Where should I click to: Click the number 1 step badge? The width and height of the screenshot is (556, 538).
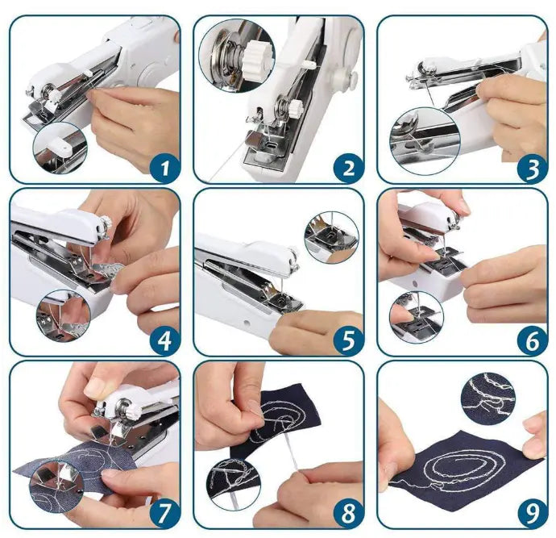pos(165,168)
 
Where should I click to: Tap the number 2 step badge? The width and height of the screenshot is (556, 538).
pos(348,168)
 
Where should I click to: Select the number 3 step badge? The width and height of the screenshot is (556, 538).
pos(532,168)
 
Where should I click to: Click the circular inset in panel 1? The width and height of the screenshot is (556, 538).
pos(59,149)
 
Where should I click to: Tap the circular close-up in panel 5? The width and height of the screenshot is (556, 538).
pos(331,237)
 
